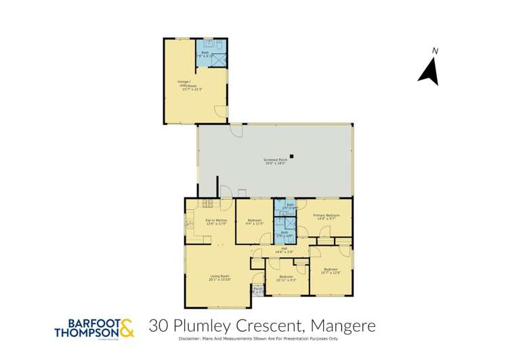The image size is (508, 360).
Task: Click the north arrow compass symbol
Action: (x=428, y=72)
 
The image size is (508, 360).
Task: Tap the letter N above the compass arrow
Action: (x=436, y=51)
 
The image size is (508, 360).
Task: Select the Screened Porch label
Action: (x=275, y=161)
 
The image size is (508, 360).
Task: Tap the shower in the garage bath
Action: (x=219, y=60)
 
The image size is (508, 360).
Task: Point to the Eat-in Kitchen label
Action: (x=215, y=222)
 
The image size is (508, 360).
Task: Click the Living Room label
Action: (x=219, y=278)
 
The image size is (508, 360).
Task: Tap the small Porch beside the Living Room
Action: (x=257, y=290)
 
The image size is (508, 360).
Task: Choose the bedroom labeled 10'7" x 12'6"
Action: (x=331, y=271)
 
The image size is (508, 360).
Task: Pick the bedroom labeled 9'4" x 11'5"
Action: (x=255, y=222)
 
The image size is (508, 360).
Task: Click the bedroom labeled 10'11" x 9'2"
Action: (x=286, y=278)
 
